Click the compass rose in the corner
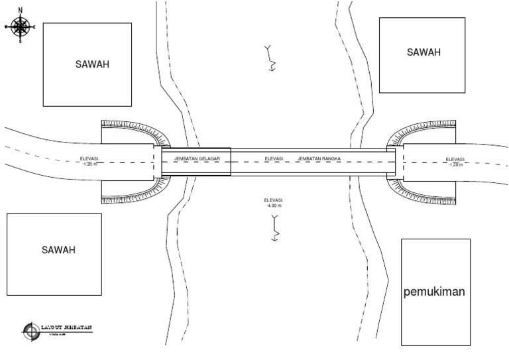[21, 27]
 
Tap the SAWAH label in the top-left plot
[91, 64]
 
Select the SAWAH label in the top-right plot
[424, 52]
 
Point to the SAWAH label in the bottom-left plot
[58, 250]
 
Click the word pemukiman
[435, 292]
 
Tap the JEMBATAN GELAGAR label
[197, 159]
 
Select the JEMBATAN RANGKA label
[319, 159]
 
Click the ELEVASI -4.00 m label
[274, 203]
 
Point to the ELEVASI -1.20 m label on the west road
[89, 161]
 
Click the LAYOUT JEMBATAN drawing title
[66, 328]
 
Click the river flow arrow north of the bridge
[270, 58]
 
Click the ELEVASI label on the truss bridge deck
[274, 159]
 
